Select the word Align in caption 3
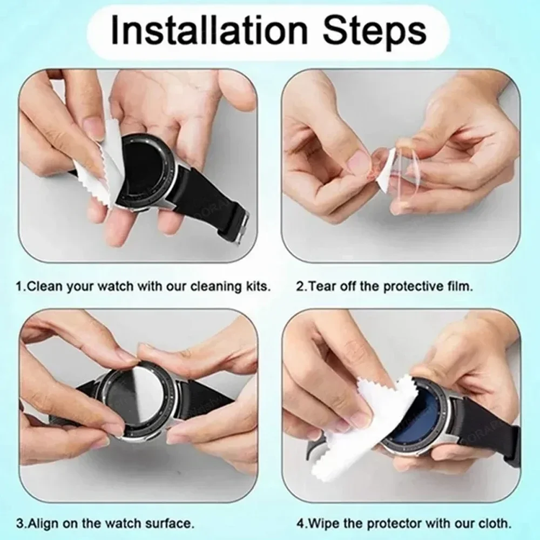(41, 523)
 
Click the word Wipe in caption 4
(319, 523)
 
